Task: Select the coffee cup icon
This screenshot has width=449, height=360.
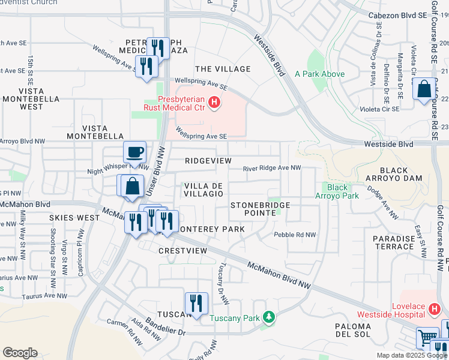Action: [134, 152]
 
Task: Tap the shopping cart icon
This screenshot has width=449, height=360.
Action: [427, 338]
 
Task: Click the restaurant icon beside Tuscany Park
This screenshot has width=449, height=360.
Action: [196, 304]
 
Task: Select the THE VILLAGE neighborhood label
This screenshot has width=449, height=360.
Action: [223, 69]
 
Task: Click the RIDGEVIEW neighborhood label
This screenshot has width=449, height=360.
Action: [208, 161]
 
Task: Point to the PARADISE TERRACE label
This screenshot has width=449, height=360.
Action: [393, 243]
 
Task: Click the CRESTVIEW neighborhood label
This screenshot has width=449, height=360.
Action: [183, 250]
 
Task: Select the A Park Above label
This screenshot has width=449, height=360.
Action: [319, 74]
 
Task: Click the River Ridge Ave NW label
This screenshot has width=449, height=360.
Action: [271, 169]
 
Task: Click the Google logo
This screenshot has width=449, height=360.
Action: [20, 353]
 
